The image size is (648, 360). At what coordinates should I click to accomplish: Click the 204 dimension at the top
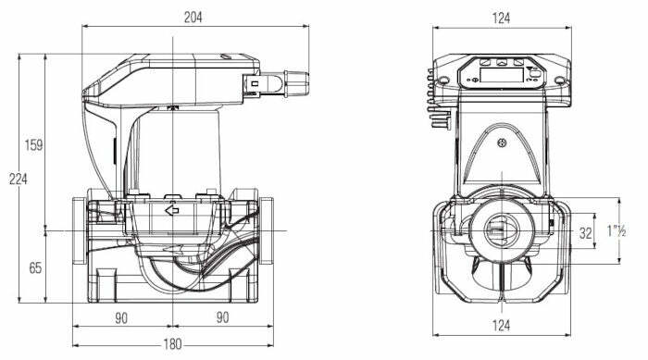point(193,17)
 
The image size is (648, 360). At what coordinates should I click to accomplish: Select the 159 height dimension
point(34,145)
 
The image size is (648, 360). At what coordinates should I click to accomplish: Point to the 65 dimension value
point(35,268)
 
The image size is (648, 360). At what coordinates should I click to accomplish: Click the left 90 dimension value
point(121,317)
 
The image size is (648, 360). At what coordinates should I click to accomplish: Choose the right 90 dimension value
point(221,317)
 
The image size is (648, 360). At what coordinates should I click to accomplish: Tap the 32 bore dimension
point(584,231)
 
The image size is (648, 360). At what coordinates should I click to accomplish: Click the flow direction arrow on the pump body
point(171,211)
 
